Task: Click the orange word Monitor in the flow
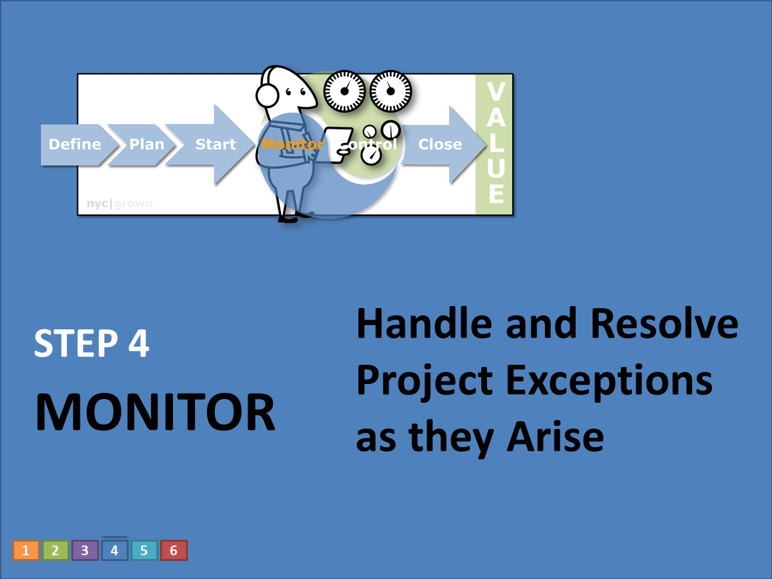tap(291, 144)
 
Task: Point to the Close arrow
tap(440, 144)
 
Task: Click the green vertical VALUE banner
tap(494, 144)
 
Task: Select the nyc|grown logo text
tap(120, 204)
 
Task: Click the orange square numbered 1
tap(26, 551)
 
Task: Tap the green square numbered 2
tap(55, 551)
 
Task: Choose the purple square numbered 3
tap(85, 551)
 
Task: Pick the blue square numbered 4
tap(115, 551)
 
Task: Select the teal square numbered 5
tap(144, 551)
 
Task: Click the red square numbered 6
tap(174, 551)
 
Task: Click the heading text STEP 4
tap(91, 344)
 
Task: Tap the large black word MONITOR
tap(155, 412)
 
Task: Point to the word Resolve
tap(664, 324)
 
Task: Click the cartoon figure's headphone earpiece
tap(267, 96)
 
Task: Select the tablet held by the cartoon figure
tap(335, 143)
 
